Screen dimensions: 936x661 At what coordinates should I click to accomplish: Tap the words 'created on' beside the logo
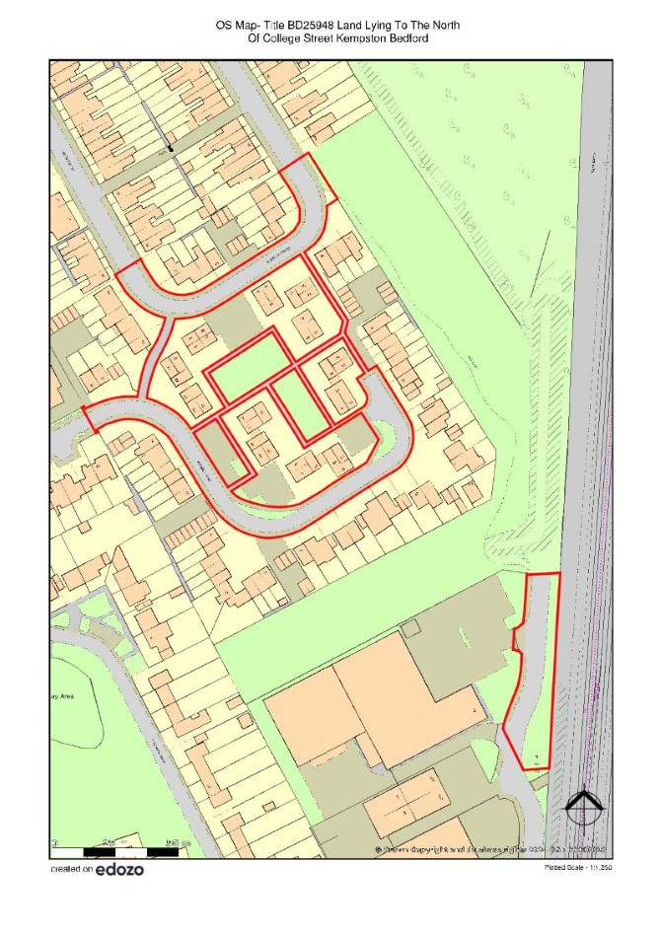click(71, 870)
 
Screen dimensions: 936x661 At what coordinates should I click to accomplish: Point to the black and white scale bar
click(113, 848)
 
